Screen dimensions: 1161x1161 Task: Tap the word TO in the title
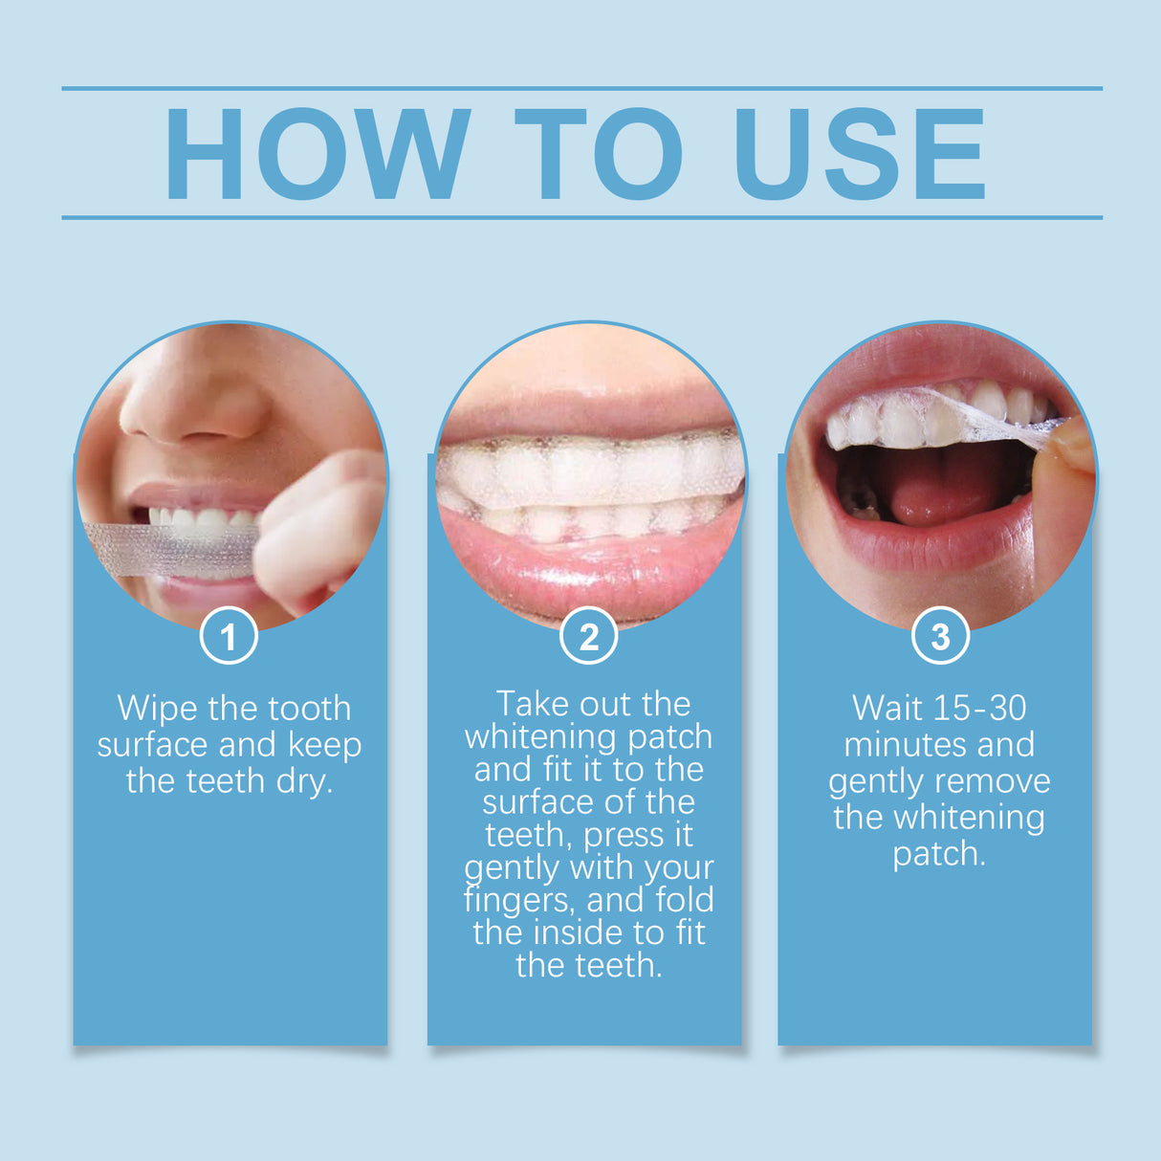coord(598,154)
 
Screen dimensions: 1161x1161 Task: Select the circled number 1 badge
coord(229,637)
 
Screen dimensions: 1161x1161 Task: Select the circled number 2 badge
coord(588,637)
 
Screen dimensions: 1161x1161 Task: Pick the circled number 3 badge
coord(940,637)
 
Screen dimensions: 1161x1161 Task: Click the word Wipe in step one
coord(158,709)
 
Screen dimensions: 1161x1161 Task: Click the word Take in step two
coord(532,705)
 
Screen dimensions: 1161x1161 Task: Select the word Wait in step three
coord(888,709)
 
